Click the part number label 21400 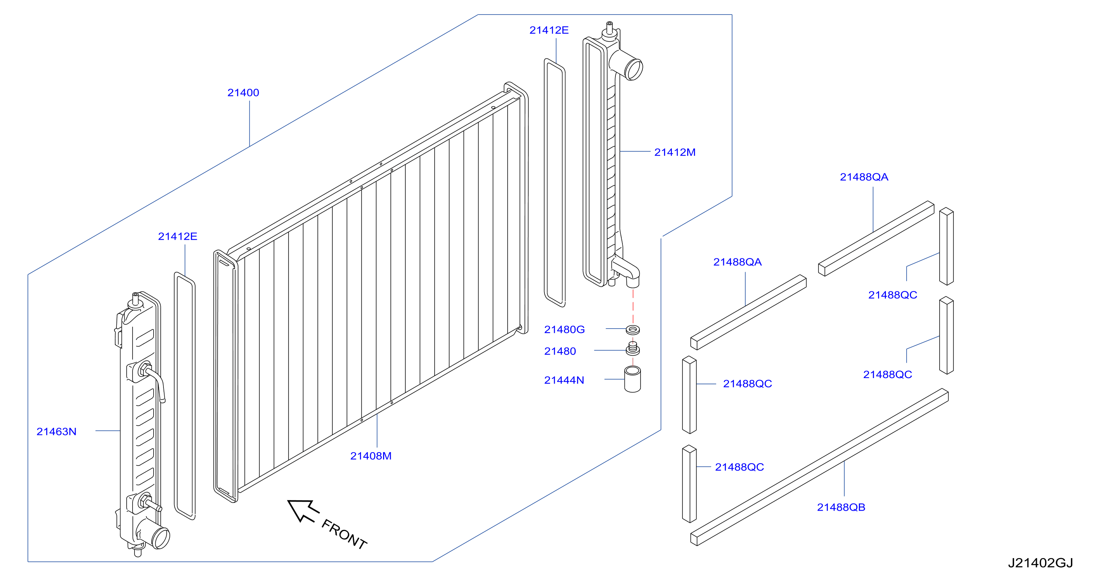243,93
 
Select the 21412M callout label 675,153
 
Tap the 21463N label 56,432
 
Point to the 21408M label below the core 371,456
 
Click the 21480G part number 564,330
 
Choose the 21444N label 564,380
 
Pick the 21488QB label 841,507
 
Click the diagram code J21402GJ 1040,563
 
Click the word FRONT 344,534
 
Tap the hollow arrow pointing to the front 303,511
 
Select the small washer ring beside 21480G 633,330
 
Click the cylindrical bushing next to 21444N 633,380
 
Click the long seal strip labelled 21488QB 819,467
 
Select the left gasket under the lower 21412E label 185,396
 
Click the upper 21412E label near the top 549,30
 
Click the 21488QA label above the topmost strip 864,177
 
